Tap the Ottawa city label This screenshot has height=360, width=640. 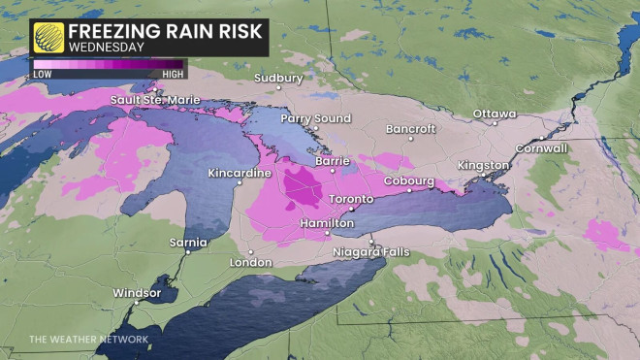pos(495,114)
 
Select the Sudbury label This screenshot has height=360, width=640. pos(278,78)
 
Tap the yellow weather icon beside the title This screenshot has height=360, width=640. pos(48,37)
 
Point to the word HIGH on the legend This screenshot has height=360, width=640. pos(173,74)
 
